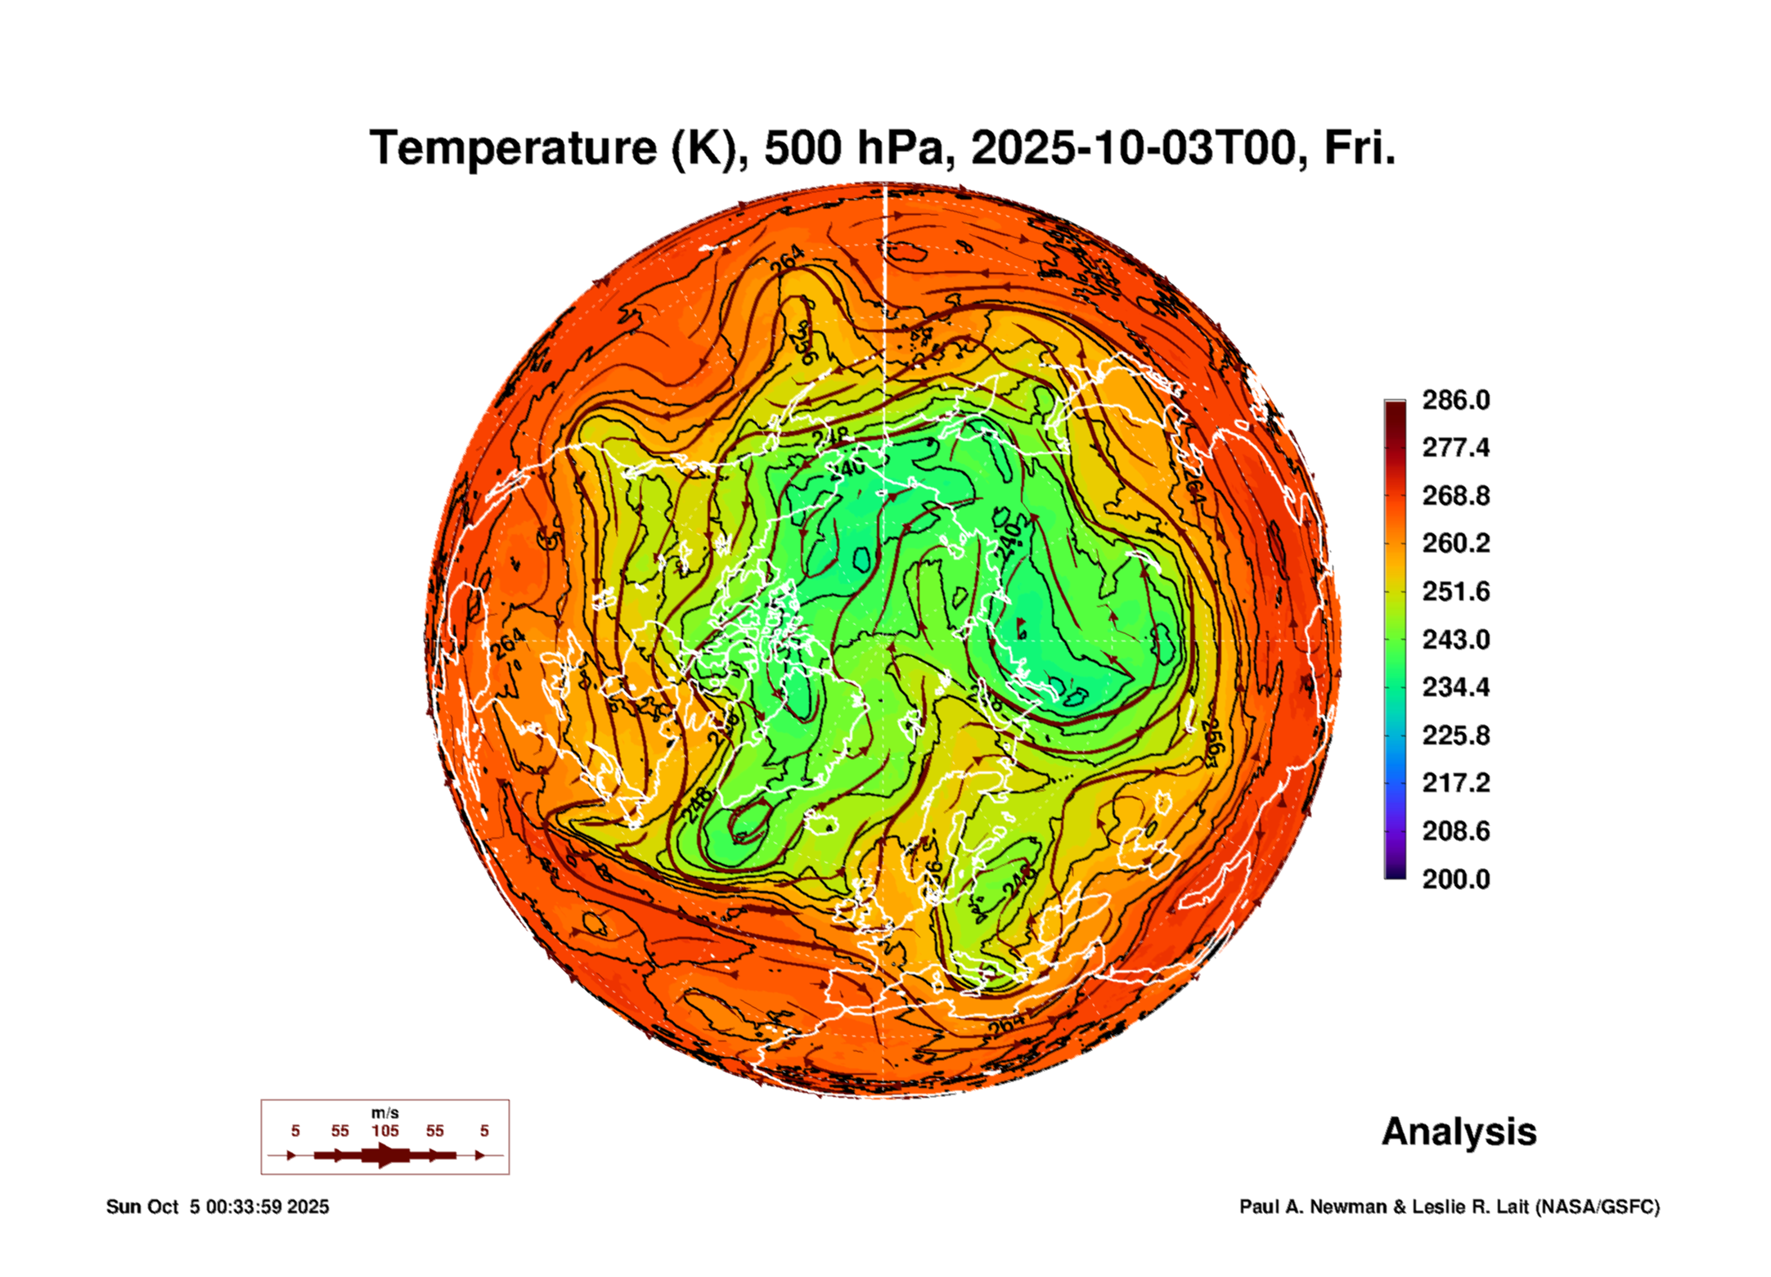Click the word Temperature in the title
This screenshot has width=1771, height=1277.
point(513,148)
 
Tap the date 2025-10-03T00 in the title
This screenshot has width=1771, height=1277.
point(1134,148)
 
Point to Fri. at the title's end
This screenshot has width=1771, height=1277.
point(1359,148)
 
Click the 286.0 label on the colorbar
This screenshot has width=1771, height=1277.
point(1455,400)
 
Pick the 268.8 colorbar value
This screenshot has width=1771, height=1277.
point(1455,496)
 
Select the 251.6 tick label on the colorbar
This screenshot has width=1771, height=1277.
point(1455,591)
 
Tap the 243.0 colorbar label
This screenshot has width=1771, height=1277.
point(1455,639)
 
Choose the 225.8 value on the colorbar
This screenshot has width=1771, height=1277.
point(1455,735)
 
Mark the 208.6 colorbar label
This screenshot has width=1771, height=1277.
point(1455,831)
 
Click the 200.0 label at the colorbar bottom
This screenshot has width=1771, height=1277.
point(1455,879)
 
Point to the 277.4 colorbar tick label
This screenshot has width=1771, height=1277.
point(1455,447)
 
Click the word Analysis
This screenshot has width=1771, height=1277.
point(1459,1132)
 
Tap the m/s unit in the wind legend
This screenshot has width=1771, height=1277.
point(384,1113)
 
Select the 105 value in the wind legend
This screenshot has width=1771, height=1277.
point(384,1131)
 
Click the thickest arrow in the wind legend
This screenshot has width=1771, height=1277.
point(384,1155)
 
